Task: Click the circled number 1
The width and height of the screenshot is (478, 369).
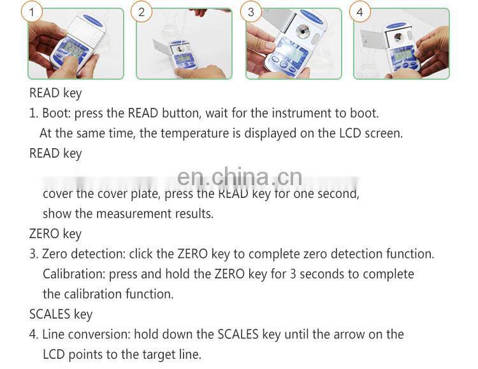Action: point(34,12)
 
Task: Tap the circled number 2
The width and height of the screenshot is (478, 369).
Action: point(141,12)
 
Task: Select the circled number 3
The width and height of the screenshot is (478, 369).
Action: point(250,12)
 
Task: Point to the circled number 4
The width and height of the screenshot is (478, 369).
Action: point(360,12)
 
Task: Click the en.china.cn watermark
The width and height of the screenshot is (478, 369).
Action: point(239,177)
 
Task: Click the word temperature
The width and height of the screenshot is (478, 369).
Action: point(192,133)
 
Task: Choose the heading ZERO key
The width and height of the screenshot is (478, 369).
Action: point(55,234)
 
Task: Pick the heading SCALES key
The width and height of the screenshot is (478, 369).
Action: point(61,314)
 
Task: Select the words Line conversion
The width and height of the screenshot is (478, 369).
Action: point(86,334)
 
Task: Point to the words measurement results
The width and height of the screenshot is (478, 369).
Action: point(164,213)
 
